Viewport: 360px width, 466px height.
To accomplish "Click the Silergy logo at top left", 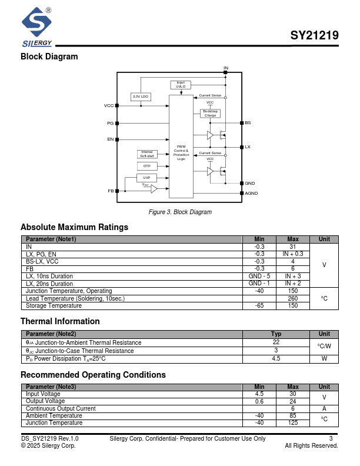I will (x=37, y=26).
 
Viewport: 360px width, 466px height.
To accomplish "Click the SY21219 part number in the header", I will (x=314, y=35).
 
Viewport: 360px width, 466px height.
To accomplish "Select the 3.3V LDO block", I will (x=141, y=96).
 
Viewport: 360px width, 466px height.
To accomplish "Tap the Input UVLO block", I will (x=181, y=85).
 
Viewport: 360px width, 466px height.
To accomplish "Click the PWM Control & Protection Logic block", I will (x=181, y=152).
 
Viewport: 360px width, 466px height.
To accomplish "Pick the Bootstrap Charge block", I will (x=210, y=113).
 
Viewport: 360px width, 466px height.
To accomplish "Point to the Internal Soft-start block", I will (x=147, y=154).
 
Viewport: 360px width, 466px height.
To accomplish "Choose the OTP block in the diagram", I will (x=147, y=166).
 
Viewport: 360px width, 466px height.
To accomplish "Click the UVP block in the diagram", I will (x=147, y=177).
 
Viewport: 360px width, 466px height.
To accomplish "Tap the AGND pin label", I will (x=251, y=193).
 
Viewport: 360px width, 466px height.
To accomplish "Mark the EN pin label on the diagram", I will (x=110, y=139).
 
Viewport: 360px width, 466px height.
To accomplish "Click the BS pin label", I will (x=248, y=122).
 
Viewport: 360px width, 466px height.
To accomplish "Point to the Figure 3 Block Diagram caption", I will (x=180, y=212).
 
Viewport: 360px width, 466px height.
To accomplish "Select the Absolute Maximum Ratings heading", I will (x=74, y=227).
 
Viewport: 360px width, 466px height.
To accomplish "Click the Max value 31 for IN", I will (x=292, y=247).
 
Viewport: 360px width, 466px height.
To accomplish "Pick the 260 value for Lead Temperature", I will (x=292, y=298).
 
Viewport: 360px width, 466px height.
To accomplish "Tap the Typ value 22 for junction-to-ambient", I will (x=276, y=342).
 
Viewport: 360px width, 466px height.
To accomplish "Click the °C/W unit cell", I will (x=324, y=346).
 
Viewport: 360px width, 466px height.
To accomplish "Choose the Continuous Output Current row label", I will (x=61, y=408).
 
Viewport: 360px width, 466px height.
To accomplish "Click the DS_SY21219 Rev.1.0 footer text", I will (x=49, y=438).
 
